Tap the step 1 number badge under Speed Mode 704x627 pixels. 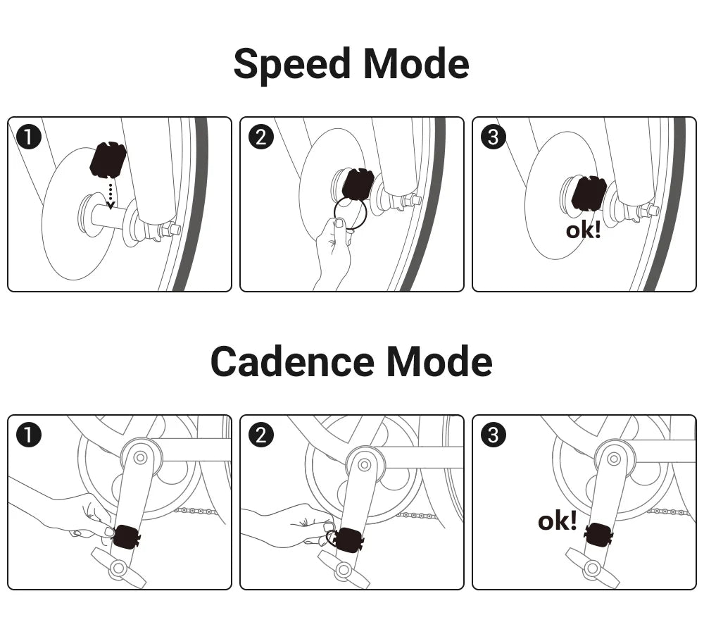(28, 137)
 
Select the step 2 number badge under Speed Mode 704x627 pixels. (260, 137)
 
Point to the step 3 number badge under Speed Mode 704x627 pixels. (493, 137)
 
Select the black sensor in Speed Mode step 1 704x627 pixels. (108, 160)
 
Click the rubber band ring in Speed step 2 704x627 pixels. (351, 213)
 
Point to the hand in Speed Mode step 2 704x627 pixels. (333, 250)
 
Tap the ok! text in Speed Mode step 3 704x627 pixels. (583, 230)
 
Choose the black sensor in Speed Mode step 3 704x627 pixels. (589, 193)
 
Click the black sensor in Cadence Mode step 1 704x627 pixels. (126, 538)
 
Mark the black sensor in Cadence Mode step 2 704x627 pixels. (348, 540)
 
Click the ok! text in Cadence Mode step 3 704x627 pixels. (557, 521)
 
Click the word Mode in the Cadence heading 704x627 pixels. (439, 362)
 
